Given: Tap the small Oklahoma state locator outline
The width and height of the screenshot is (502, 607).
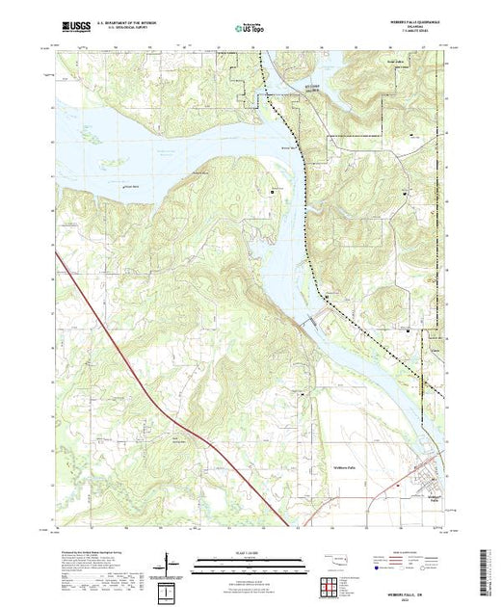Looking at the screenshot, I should (330, 556).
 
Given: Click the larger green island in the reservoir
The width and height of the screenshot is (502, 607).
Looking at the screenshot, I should (95, 137).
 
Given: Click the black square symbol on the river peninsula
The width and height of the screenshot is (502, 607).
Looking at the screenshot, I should (272, 192).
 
